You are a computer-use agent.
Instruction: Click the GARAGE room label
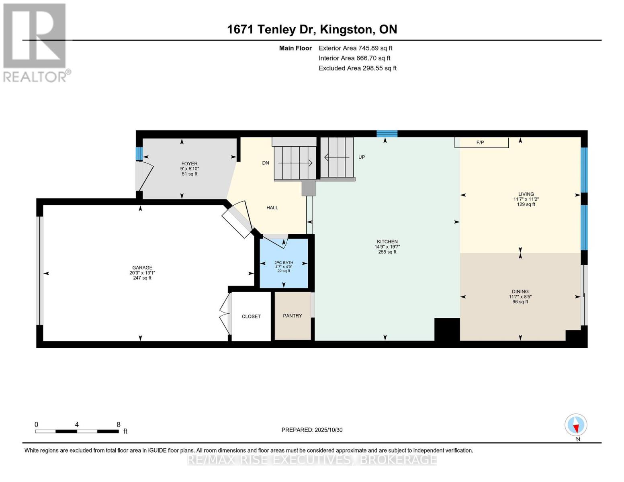[x=142, y=268]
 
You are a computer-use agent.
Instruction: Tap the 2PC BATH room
[x=284, y=263]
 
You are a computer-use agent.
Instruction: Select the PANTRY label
[x=293, y=316]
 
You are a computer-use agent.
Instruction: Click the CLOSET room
[x=251, y=317]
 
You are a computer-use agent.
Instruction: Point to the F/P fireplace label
[x=480, y=143]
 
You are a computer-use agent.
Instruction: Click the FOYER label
[x=189, y=163]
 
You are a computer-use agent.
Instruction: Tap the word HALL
[x=272, y=208]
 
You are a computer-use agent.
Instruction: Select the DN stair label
[x=266, y=163]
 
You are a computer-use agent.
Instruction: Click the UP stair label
[x=362, y=157]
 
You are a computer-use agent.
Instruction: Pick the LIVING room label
[x=526, y=194]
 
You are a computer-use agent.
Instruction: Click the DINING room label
[x=520, y=292]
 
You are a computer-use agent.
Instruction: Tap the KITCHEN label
[x=387, y=242]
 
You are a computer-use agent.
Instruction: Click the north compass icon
[x=576, y=425]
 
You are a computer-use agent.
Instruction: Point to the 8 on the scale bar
[x=119, y=425]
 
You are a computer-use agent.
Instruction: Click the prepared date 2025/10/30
[x=329, y=430]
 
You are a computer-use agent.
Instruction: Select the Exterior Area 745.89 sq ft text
[x=356, y=48]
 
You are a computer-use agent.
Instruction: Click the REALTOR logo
[x=35, y=42]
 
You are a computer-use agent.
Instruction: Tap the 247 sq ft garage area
[x=142, y=278]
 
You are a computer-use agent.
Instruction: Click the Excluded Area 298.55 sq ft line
[x=358, y=68]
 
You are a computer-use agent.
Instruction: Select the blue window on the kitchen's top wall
[x=387, y=134]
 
